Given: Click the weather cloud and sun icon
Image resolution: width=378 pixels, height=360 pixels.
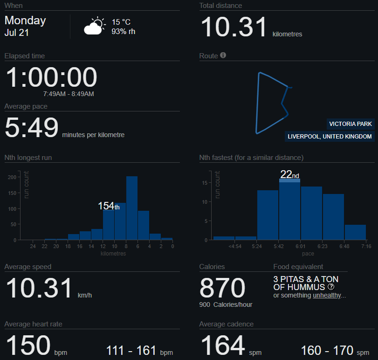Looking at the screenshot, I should pyautogui.click(x=95, y=27).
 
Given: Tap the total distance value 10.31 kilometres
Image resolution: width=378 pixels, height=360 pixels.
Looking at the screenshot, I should pyautogui.click(x=234, y=27).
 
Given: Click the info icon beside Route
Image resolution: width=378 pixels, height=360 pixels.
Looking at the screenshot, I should pyautogui.click(x=223, y=55).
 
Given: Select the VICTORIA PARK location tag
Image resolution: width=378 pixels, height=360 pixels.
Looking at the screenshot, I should pyautogui.click(x=350, y=124).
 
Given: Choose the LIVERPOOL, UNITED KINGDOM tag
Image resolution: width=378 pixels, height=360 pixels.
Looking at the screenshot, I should pyautogui.click(x=330, y=137).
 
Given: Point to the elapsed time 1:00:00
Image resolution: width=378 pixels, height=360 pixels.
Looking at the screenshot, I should pyautogui.click(x=51, y=77).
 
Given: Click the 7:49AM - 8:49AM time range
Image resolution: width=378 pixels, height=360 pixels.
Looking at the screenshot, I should pyautogui.click(x=69, y=94).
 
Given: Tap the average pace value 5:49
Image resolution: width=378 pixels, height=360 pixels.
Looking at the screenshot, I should pyautogui.click(x=32, y=128).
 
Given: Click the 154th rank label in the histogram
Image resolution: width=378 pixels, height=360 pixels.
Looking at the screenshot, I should pyautogui.click(x=109, y=206).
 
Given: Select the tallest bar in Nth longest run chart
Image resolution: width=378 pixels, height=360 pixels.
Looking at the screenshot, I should pyautogui.click(x=132, y=208).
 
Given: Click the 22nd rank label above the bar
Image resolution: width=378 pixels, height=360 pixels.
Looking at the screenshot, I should pyautogui.click(x=289, y=174).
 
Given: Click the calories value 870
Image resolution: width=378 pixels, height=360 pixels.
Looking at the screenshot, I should pyautogui.click(x=222, y=287).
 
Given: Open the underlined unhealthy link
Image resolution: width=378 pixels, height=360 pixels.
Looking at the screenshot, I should pyautogui.click(x=327, y=295).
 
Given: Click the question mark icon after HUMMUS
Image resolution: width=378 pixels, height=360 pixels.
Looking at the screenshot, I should pyautogui.click(x=331, y=287).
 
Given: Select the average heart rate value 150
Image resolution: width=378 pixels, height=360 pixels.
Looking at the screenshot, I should pyautogui.click(x=28, y=346).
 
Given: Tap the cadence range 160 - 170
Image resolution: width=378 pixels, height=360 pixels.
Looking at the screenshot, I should pyautogui.click(x=327, y=350).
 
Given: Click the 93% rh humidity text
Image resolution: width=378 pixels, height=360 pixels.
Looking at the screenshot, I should pyautogui.click(x=123, y=31).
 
